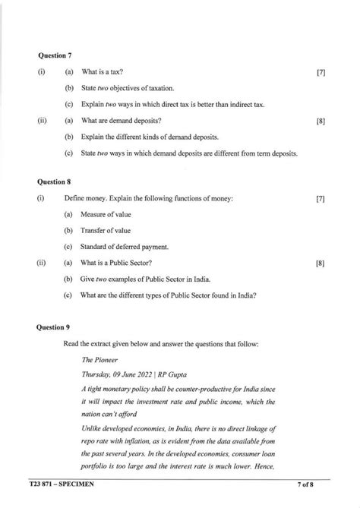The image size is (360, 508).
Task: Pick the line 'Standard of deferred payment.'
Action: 125,247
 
